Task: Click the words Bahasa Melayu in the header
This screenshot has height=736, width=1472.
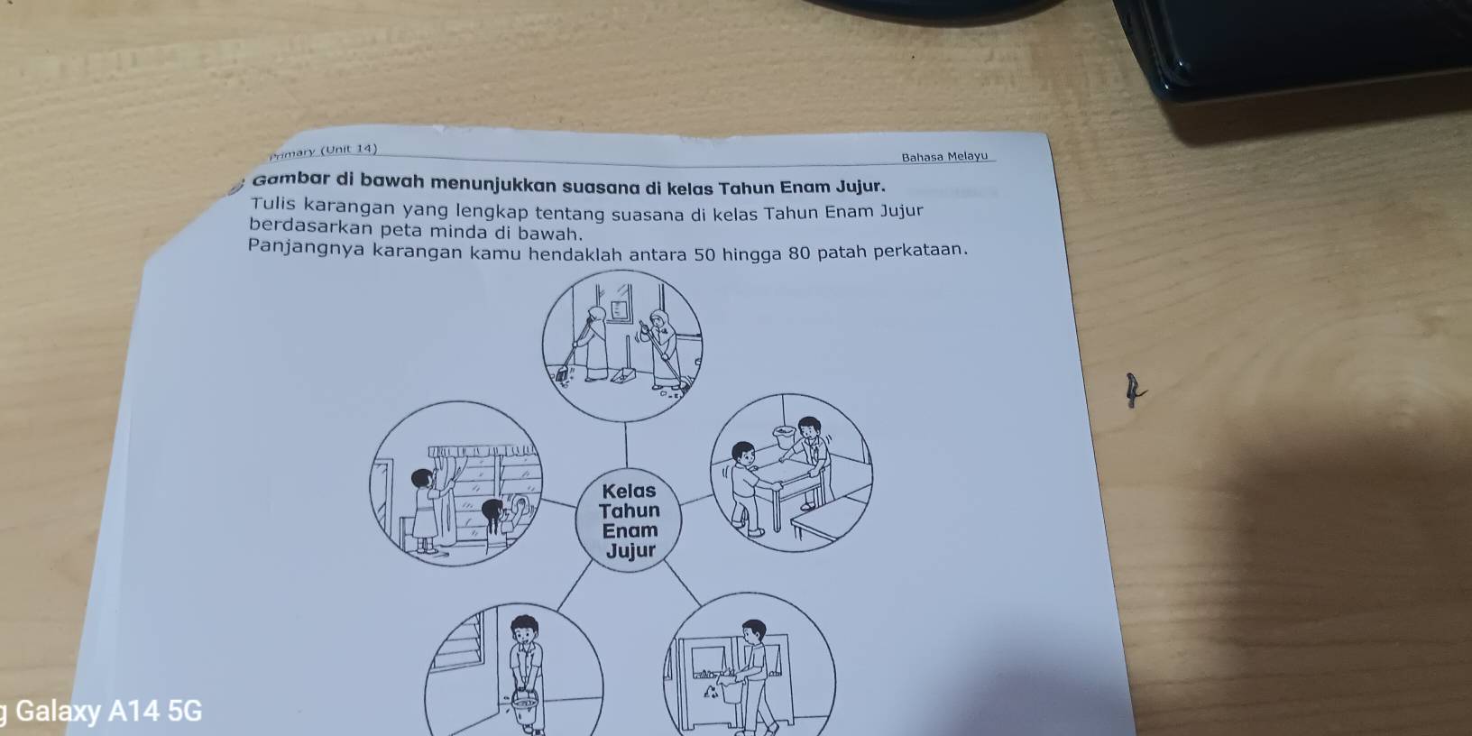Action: point(944,156)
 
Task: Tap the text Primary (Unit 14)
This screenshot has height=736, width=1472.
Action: point(323,152)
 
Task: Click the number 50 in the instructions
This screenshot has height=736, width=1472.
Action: point(704,253)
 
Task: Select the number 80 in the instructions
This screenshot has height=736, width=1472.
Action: point(797,252)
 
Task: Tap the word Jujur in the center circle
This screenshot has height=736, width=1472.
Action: point(630,550)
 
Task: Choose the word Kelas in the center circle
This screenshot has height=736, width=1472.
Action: point(629,491)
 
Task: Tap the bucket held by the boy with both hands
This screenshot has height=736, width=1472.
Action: point(524,708)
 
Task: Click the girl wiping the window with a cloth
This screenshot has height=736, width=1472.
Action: point(500,523)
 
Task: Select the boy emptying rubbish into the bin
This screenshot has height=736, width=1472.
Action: point(750,676)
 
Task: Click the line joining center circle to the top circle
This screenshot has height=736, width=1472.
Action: point(626,445)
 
